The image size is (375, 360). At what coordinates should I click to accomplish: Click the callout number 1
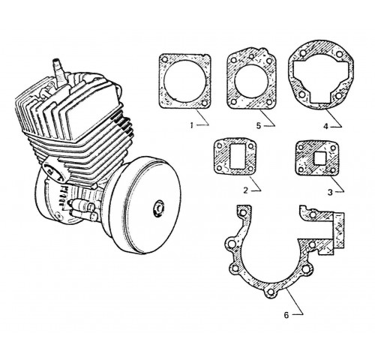tap(192, 125)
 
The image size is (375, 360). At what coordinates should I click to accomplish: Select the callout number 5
tap(259, 125)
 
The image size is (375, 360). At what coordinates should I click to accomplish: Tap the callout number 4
tap(325, 126)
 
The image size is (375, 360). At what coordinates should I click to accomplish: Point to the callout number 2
tap(245, 190)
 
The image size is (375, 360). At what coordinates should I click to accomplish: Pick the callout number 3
tap(330, 192)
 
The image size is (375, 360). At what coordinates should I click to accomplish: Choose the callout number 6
tap(286, 315)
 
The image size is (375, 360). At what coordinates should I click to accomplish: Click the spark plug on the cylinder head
tap(59, 73)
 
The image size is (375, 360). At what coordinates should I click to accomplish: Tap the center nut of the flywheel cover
tap(158, 208)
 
